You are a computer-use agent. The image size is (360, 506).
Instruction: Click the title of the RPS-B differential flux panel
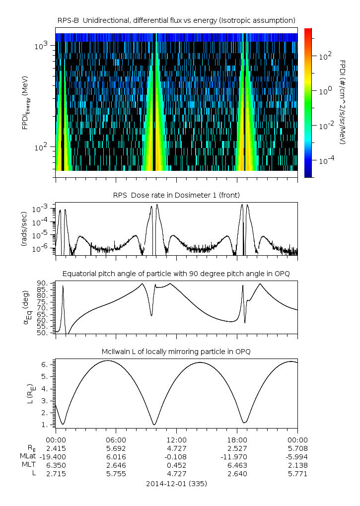[x=176, y=20]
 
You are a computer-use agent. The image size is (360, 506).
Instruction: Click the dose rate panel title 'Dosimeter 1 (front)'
[x=176, y=194]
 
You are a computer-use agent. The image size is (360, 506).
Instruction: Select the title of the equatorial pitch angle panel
[x=176, y=274]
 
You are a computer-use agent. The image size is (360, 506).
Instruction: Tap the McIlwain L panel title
[x=176, y=352]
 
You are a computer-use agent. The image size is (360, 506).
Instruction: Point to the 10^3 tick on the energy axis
[x=41, y=46]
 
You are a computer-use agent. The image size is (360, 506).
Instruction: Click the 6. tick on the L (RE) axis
[x=46, y=364]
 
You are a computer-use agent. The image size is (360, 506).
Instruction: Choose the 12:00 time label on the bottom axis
[x=176, y=440]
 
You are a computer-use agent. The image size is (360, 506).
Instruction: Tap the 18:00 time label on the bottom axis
[x=237, y=440]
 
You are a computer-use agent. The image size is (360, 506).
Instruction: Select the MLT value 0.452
[x=176, y=465]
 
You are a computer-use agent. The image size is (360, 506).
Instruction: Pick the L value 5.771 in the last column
[x=297, y=474]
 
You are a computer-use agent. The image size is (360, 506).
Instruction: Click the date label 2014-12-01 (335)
[x=176, y=484]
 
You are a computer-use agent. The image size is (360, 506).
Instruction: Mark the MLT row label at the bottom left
[x=26, y=465]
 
